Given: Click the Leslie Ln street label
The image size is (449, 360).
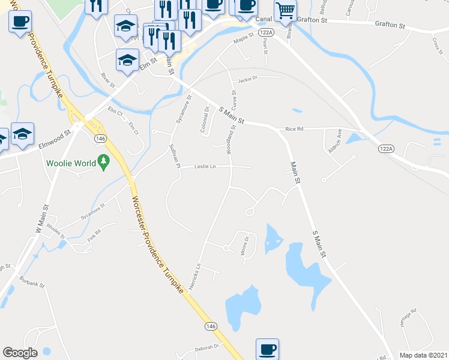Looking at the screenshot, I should pos(205,167).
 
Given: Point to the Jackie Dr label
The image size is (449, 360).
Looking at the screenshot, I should pos(247,79).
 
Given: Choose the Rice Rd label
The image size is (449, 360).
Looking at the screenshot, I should pos(295,128).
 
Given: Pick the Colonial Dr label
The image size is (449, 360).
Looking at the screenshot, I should pos(205,119).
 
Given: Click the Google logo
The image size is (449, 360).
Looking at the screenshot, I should pos(20,353).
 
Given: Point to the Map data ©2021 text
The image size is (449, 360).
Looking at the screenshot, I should pos(423,355).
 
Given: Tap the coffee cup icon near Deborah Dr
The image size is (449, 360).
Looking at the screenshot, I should pos(267,349).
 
